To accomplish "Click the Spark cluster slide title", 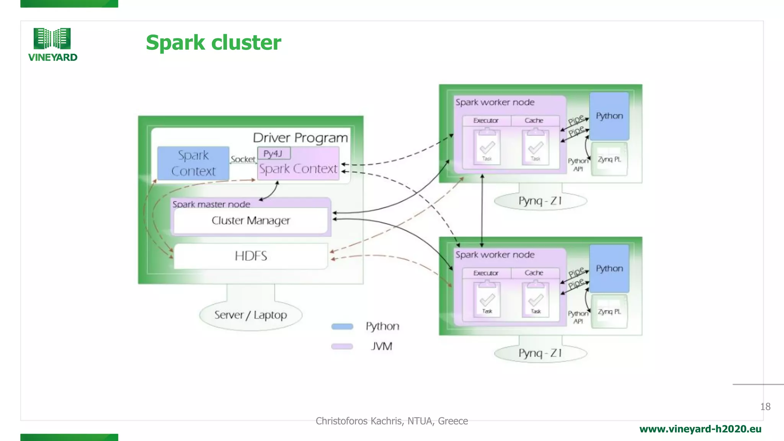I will (213, 42).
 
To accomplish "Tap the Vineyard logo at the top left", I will (52, 44).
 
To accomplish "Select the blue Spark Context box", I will (193, 163).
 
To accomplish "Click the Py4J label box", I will (273, 154).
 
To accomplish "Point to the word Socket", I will (243, 159).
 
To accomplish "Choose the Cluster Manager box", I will (251, 220).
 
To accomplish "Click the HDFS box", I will (251, 256).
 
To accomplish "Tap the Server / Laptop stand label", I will (251, 315).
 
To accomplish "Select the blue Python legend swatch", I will (342, 327).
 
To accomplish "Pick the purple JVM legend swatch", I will (342, 346).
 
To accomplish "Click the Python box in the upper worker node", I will (609, 116).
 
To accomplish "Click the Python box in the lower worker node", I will (609, 268).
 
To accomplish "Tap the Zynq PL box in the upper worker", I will (609, 159).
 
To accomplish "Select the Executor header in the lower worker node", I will (486, 273).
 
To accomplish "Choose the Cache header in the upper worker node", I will (534, 121).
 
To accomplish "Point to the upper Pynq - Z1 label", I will (540, 201).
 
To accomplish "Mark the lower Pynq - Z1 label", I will (540, 353).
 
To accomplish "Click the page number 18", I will (765, 407).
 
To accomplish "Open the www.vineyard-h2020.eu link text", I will (700, 429).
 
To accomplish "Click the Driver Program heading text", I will (300, 138).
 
